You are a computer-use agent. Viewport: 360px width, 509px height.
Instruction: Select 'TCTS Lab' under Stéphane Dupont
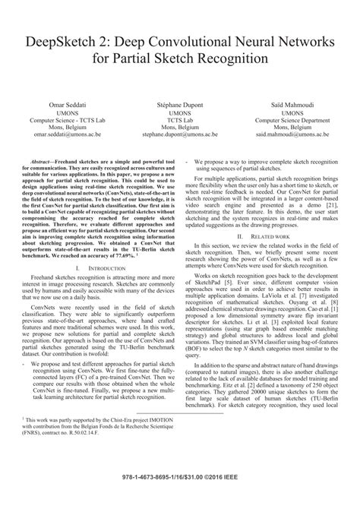coord(179,119)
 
